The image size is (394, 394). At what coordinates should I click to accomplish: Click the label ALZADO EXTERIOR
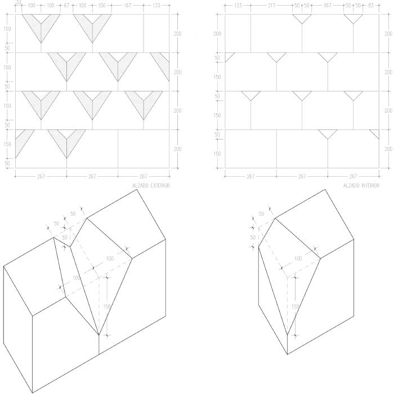pyautogui.click(x=151, y=185)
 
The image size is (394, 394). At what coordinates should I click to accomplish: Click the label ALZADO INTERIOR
pyautogui.click(x=361, y=185)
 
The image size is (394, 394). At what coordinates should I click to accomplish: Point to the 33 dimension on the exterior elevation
pyautogui.click(x=19, y=2)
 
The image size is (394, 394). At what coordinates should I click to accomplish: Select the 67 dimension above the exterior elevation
pyautogui.click(x=66, y=6)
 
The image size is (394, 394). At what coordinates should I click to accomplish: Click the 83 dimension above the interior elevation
pyautogui.click(x=371, y=6)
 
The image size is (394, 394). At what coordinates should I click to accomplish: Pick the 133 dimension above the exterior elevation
pyautogui.click(x=156, y=6)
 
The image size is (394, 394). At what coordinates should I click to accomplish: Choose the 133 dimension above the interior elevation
pyautogui.click(x=238, y=6)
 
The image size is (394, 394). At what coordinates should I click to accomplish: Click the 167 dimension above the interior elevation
pyautogui.click(x=328, y=6)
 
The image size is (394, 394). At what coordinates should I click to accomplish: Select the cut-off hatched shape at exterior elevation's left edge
pyautogui.click(x=23, y=142)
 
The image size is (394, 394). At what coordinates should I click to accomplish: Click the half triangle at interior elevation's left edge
pyautogui.click(x=229, y=56)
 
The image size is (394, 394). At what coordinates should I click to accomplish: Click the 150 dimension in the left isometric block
pyautogui.click(x=106, y=306)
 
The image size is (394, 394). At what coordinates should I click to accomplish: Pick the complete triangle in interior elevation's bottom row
pyautogui.click(x=328, y=133)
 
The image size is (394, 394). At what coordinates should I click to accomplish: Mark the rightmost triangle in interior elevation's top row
pyautogui.click(x=353, y=18)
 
